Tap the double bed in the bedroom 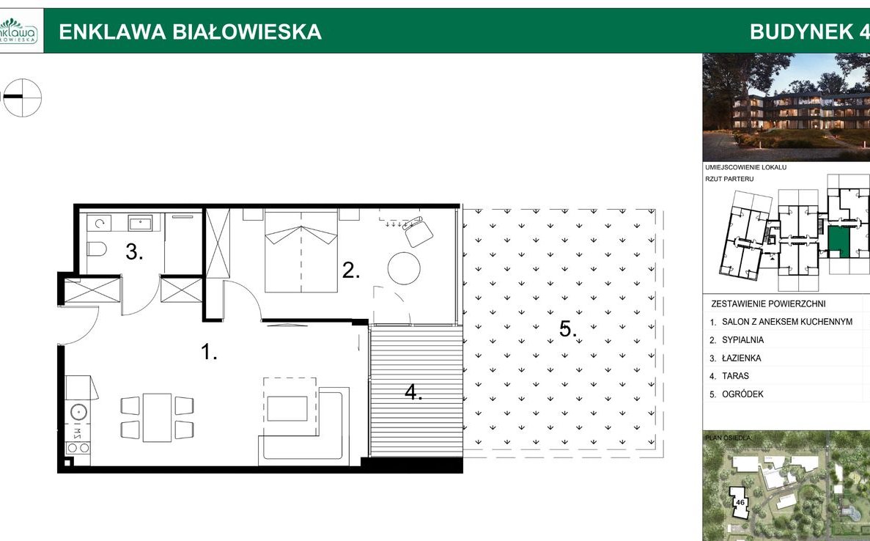click(301, 251)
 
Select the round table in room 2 click(405, 268)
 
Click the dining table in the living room click(157, 418)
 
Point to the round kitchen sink click(78, 412)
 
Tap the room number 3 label click(133, 253)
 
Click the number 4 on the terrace click(413, 393)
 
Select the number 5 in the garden click(567, 329)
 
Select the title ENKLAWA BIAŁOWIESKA click(190, 32)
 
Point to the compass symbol click(22, 97)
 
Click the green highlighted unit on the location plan click(836, 240)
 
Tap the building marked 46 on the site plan click(740, 503)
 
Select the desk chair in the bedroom click(419, 231)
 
